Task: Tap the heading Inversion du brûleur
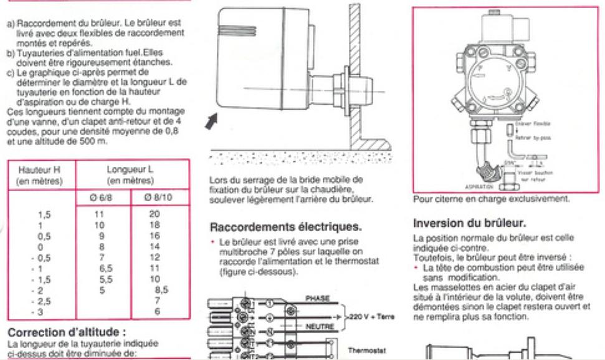point(470,223)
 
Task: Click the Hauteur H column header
point(40,174)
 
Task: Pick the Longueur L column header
point(130,174)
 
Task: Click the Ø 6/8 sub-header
point(103,199)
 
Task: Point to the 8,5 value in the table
point(161,289)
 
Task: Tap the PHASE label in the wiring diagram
point(317,298)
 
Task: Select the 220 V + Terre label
point(372,316)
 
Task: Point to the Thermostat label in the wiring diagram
point(367,351)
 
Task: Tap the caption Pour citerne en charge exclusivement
point(490,199)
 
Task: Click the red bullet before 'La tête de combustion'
point(416,267)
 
